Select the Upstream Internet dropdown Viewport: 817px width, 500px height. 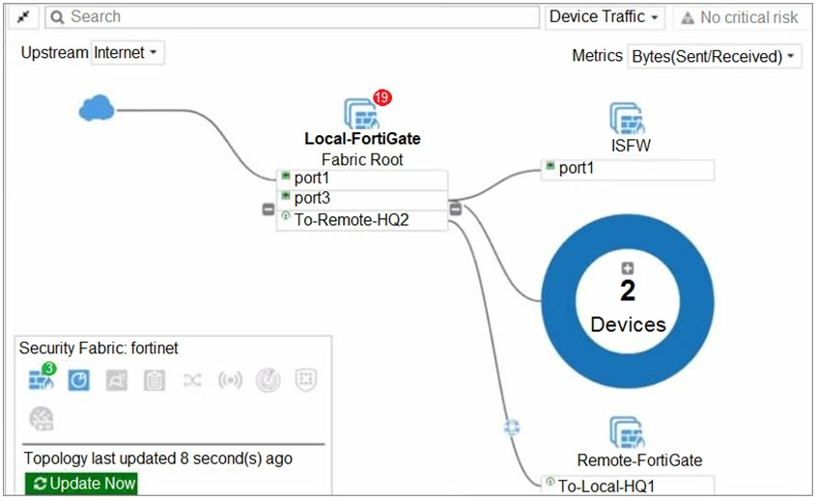click(127, 53)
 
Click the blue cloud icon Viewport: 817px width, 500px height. click(96, 109)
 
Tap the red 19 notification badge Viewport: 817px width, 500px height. click(382, 97)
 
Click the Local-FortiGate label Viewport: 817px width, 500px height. click(362, 139)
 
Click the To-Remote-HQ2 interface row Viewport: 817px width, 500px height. click(362, 219)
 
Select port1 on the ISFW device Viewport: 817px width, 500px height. click(628, 169)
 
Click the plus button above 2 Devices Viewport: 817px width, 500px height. click(628, 268)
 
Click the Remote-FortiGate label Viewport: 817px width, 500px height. click(639, 460)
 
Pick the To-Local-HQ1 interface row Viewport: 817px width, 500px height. click(628, 485)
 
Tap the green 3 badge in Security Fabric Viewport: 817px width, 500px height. click(49, 369)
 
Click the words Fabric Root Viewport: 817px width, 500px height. click(362, 159)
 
